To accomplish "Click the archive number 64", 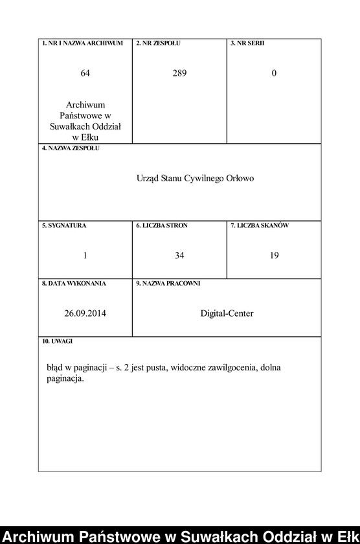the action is pyautogui.click(x=85, y=73).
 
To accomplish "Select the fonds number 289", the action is pyautogui.click(x=179, y=73).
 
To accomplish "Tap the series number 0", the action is pyautogui.click(x=274, y=73).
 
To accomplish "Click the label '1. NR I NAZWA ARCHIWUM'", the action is pyautogui.click(x=82, y=43).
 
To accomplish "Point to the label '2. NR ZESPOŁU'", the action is pyautogui.click(x=158, y=43).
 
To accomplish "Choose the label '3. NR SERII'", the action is pyautogui.click(x=247, y=43).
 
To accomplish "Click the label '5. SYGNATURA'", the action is pyautogui.click(x=64, y=225).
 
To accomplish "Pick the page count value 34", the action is pyautogui.click(x=179, y=256).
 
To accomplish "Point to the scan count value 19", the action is pyautogui.click(x=274, y=256).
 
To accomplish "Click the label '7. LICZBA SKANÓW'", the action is pyautogui.click(x=260, y=225).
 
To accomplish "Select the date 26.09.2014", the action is pyautogui.click(x=85, y=313).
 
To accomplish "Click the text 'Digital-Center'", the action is pyautogui.click(x=227, y=313).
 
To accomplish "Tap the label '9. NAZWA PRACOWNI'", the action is pyautogui.click(x=168, y=283).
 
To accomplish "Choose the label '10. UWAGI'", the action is pyautogui.click(x=57, y=341).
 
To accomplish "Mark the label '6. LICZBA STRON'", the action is pyautogui.click(x=161, y=225).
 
